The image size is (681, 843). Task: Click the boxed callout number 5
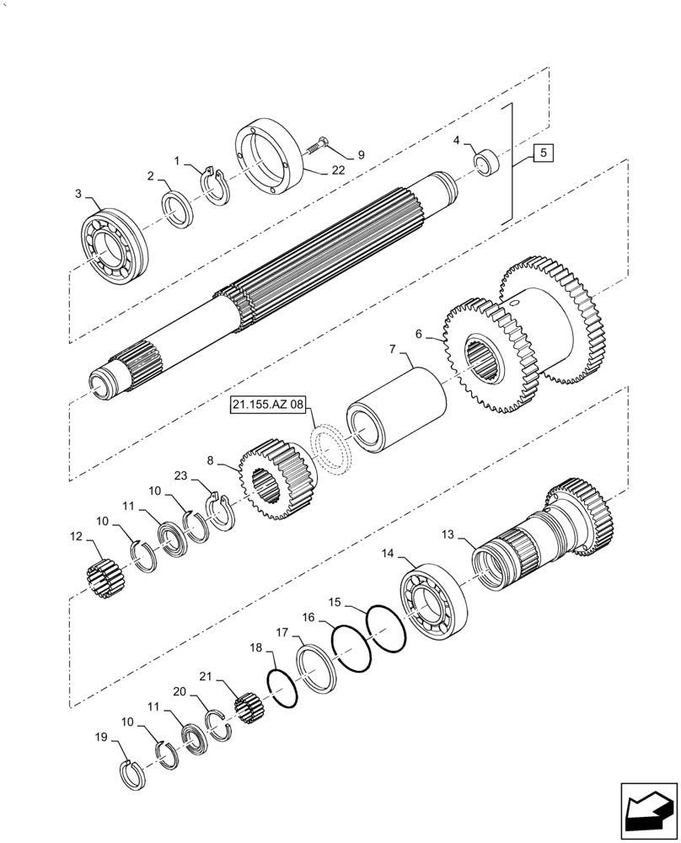coord(544,153)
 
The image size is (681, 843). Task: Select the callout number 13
coord(448,534)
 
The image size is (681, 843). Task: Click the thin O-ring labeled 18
coord(283,689)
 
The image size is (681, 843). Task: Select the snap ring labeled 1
coord(216,186)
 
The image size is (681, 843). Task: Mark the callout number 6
coord(419,335)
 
